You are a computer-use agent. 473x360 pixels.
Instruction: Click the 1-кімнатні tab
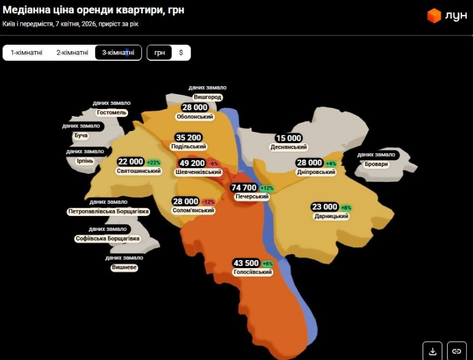pos(26,53)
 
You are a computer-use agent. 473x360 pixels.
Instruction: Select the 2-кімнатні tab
pos(72,53)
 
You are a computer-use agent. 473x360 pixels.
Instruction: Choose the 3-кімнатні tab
pos(118,53)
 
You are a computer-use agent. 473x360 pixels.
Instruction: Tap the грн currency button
pos(160,53)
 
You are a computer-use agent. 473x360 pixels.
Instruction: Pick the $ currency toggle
pos(181,53)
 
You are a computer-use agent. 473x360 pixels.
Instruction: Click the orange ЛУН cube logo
pos(434,16)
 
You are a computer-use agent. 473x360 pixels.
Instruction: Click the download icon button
pos(432,350)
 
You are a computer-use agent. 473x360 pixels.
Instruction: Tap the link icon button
pos(456,350)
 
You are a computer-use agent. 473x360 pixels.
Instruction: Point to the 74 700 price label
pos(243,188)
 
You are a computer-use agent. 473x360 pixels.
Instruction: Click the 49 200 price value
pos(192,163)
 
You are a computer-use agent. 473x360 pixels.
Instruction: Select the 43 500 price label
pos(246,263)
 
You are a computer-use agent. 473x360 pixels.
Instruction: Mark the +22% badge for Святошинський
pos(153,162)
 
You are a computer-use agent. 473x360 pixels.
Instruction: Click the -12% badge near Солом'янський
pos(208,202)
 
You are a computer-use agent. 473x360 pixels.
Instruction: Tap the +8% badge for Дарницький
pos(346,207)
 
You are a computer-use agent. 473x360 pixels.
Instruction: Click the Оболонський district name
pos(195,117)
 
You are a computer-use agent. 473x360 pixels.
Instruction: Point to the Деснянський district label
pos(288,147)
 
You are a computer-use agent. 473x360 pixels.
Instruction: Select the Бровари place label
pos(377,164)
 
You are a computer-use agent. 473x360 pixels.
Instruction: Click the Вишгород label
pos(207,97)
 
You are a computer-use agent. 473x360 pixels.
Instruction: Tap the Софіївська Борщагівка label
pos(107,238)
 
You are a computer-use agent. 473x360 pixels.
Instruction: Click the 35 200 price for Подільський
pos(188,138)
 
